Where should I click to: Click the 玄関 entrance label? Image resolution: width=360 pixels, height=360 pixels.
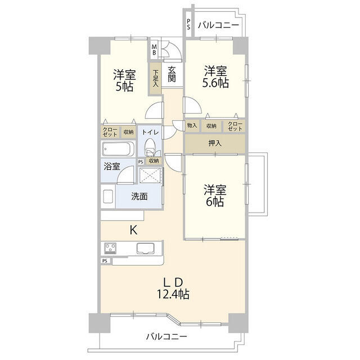point(172,74)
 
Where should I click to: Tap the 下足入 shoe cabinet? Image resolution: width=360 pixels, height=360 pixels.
point(156,78)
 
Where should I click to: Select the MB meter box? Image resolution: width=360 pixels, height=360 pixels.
point(154,49)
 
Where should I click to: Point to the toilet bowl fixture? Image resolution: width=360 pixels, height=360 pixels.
point(150,147)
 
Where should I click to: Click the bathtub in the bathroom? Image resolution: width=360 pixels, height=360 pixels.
point(118,149)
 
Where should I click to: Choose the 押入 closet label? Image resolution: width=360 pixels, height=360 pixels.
point(215,143)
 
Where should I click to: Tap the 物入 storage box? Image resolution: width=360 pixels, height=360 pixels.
point(192,125)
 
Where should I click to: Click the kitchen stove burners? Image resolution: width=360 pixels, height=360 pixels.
point(110,248)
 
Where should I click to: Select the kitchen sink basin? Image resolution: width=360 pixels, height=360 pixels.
point(145,248)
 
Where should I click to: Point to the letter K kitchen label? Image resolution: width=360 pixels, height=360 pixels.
point(134,230)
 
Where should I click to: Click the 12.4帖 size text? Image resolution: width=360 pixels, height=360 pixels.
point(173,294)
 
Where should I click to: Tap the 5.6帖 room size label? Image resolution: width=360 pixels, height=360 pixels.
point(215,83)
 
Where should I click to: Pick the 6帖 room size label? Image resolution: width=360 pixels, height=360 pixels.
point(215,202)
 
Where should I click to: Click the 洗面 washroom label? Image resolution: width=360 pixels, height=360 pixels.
point(139,197)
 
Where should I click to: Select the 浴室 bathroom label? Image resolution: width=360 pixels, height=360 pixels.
point(112,166)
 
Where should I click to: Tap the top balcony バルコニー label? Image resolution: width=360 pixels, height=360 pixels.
point(219,25)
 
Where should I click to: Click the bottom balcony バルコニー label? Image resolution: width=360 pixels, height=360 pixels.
point(166,337)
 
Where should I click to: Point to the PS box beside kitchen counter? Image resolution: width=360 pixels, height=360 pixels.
point(105,261)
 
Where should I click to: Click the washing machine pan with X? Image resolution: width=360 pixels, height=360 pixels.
point(150,175)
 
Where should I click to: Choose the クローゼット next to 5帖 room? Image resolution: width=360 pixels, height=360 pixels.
point(110,132)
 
